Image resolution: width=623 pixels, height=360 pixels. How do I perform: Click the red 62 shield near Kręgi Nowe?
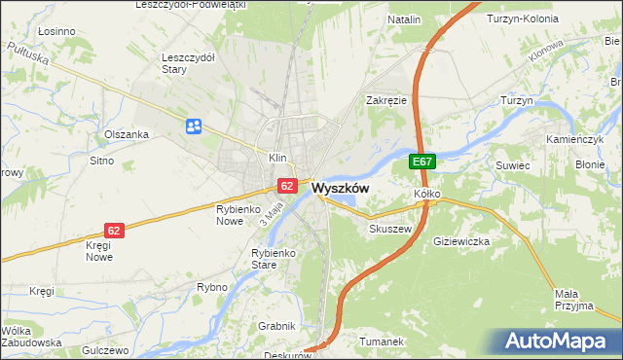pyautogui.click(x=114, y=231)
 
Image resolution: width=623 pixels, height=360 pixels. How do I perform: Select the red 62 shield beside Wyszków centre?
pyautogui.click(x=286, y=185)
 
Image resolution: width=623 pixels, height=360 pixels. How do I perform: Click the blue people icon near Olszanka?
pyautogui.click(x=194, y=125)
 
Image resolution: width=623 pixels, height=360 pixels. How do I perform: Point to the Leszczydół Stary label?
pyautogui.click(x=188, y=63)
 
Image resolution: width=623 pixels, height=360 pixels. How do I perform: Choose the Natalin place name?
pyautogui.click(x=404, y=19)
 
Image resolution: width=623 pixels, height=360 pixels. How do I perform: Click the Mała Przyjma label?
pyautogui.click(x=573, y=300)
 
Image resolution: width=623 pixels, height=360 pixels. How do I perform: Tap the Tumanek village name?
pyautogui.click(x=382, y=342)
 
